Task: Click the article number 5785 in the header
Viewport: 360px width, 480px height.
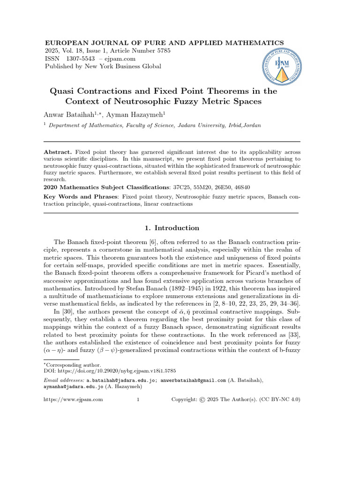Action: (x=162, y=51)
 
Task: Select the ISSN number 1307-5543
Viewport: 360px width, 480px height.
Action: (x=80, y=59)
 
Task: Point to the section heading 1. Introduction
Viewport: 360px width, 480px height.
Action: (x=170, y=228)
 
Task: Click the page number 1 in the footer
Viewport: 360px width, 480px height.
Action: (x=138, y=399)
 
